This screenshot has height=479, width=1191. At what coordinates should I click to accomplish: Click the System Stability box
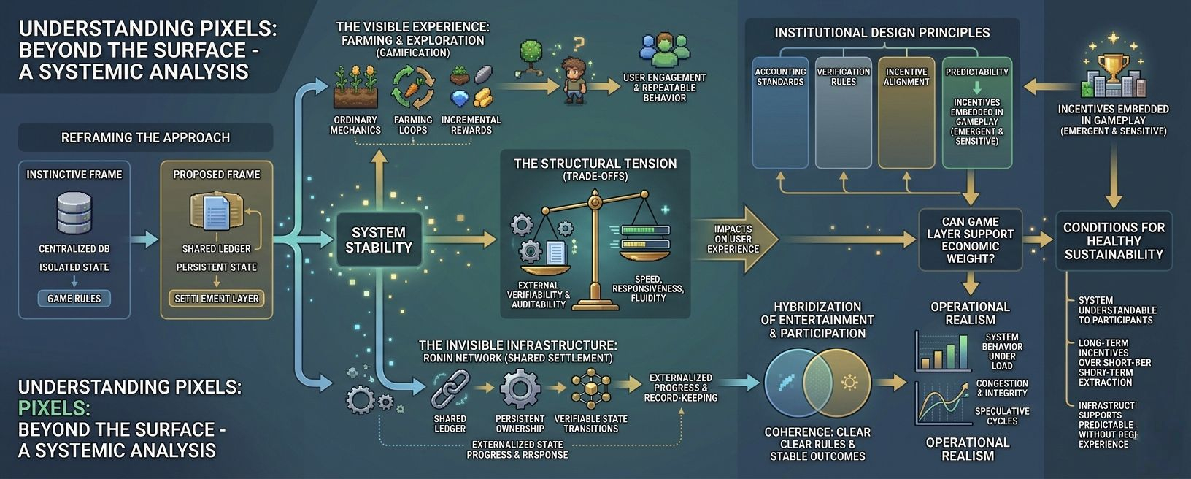click(378, 240)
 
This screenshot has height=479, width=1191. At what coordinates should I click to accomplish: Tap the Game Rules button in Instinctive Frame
click(74, 299)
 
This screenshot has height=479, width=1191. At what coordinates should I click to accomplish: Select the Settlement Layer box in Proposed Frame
click(217, 299)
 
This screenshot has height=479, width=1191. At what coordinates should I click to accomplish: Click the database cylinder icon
click(74, 211)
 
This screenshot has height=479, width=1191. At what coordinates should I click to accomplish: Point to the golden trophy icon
click(1112, 67)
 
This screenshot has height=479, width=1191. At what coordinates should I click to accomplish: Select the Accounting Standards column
click(780, 112)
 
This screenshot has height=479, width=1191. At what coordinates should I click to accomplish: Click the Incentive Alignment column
click(906, 112)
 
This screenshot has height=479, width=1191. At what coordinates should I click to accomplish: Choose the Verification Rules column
click(843, 112)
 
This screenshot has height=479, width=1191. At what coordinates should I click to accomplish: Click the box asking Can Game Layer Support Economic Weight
click(970, 239)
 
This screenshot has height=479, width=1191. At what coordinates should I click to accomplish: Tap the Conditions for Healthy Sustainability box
click(1114, 241)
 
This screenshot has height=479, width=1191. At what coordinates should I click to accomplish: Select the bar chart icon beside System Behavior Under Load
click(943, 352)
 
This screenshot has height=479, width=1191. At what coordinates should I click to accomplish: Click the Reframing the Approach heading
click(145, 137)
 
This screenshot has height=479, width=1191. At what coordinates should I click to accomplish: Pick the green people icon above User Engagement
click(664, 50)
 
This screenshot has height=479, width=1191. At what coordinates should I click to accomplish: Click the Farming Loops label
click(413, 125)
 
